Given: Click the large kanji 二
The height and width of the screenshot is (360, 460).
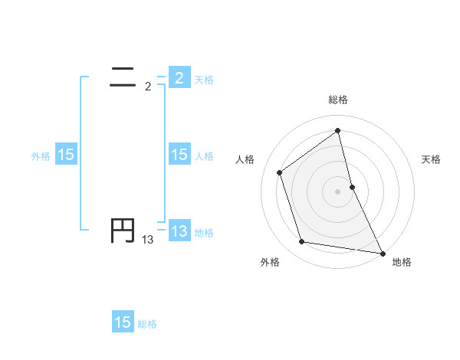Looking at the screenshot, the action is click(123, 75).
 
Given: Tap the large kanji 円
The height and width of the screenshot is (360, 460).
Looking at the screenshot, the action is click(123, 231).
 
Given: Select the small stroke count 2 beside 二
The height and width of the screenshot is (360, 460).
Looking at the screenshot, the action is click(148, 87).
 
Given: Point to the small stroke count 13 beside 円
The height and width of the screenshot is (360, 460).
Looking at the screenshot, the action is click(148, 240).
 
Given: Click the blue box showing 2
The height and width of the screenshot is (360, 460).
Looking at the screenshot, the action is click(179, 77).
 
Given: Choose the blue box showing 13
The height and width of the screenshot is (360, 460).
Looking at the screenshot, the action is click(179, 231).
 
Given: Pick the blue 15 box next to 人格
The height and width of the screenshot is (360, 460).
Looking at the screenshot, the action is click(179, 155).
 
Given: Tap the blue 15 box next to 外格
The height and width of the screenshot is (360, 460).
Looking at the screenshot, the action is click(66, 155).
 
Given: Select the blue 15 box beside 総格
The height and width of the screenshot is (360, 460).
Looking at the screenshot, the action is click(123, 322).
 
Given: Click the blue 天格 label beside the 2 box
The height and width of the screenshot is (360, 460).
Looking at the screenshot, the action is click(204, 79).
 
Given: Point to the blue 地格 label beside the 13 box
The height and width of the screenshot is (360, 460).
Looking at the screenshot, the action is click(204, 233).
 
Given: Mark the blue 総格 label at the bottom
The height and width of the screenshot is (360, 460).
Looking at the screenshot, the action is click(147, 324).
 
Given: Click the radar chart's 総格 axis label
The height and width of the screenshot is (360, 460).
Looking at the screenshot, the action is click(338, 100).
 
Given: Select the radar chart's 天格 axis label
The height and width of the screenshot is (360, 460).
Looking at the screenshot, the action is click(432, 159).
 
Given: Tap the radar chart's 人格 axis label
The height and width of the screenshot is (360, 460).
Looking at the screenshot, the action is click(245, 159).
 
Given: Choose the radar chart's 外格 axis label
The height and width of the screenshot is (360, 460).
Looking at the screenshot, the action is click(270, 263).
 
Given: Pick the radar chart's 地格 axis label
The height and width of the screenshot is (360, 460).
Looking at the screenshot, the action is click(402, 263).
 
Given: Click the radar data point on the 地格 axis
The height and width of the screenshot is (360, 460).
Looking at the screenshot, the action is click(382, 252).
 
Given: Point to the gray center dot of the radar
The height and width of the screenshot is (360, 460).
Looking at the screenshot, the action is click(338, 191).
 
